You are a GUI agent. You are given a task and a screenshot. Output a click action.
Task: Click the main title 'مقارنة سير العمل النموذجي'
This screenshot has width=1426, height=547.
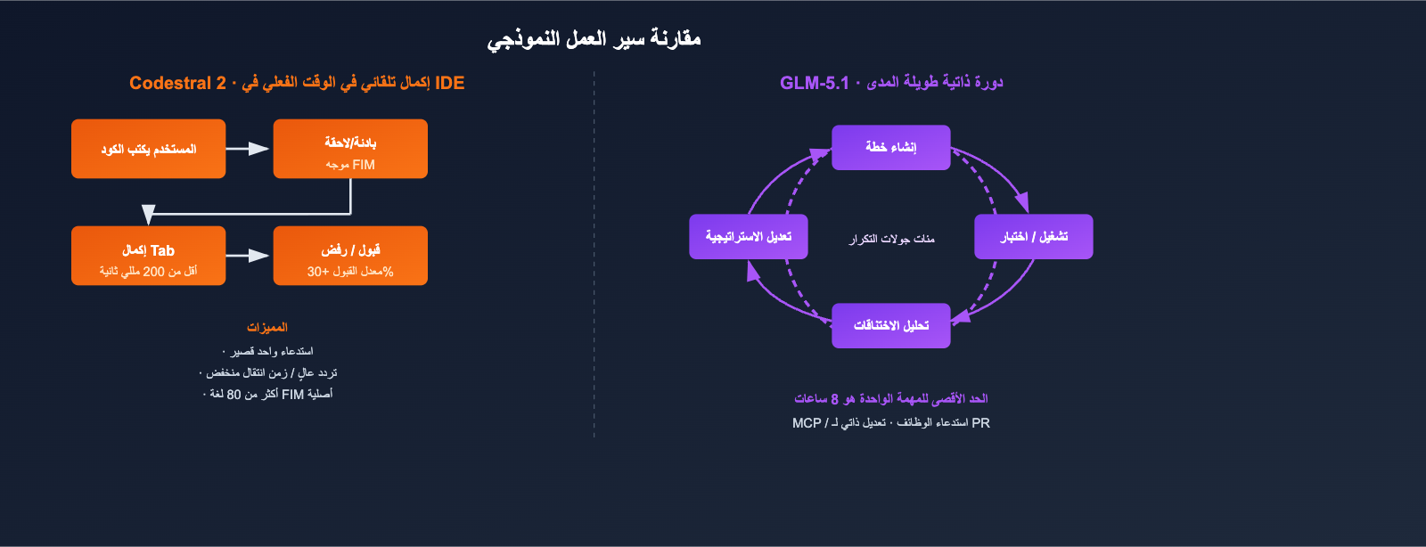coord(594,39)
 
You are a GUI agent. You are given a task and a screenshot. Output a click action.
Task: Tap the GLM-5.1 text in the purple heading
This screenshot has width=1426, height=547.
coord(815,83)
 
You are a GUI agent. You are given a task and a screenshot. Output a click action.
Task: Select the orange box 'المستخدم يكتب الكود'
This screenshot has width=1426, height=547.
coord(148,149)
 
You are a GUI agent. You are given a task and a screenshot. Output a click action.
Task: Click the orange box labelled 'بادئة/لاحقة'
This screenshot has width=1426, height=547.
coord(350,149)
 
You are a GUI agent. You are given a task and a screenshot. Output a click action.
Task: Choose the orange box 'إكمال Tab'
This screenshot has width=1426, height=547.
coord(148,256)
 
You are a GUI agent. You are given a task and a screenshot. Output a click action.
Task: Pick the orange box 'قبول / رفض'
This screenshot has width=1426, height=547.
coord(350,256)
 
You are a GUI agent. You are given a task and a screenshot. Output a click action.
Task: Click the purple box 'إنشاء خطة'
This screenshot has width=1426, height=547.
coord(890,147)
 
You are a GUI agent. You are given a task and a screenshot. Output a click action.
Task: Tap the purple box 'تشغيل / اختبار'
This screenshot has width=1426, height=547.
coord(1033,237)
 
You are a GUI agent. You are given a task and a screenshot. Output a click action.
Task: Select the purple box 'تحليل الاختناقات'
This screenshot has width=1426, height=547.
coord(890,325)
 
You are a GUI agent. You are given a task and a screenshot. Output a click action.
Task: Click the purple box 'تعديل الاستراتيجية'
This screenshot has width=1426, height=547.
coord(749,237)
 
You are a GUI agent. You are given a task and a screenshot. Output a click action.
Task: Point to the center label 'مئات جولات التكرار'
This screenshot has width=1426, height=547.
coord(891,239)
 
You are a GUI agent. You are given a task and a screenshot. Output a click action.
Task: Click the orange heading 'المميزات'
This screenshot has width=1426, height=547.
coord(267,327)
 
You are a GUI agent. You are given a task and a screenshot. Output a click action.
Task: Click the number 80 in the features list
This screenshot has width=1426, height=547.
coord(234,394)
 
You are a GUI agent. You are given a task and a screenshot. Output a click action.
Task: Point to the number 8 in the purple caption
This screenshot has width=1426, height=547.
coord(834,399)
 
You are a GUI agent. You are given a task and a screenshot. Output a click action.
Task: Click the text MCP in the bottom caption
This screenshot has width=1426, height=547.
coord(807,423)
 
